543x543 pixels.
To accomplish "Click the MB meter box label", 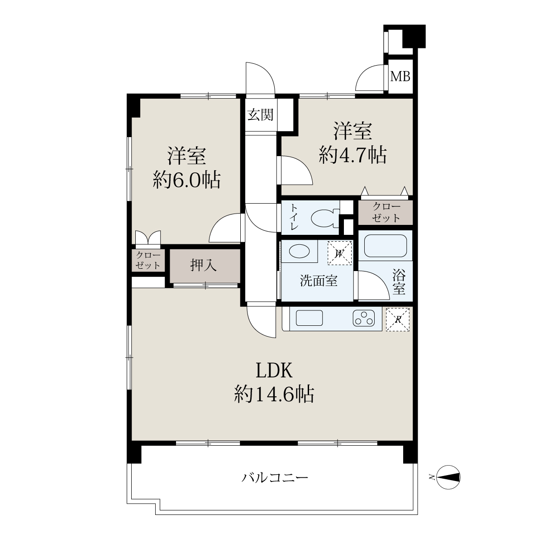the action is [400, 76].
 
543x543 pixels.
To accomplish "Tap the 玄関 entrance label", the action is [261, 114].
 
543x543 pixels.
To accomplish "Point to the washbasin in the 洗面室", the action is [299, 251].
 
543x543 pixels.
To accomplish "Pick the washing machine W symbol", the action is [339, 253].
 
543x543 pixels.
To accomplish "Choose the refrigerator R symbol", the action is [397, 319].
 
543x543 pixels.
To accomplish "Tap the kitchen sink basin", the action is [309, 318].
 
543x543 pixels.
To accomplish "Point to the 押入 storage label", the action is [203, 265].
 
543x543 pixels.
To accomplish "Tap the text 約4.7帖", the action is [352, 155].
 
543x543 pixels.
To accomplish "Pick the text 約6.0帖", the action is [186, 180].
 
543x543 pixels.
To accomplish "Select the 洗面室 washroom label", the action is [319, 281].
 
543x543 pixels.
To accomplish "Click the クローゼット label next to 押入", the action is [148, 260].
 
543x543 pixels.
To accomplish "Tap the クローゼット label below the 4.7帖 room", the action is [386, 213].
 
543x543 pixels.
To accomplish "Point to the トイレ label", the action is [294, 217].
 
